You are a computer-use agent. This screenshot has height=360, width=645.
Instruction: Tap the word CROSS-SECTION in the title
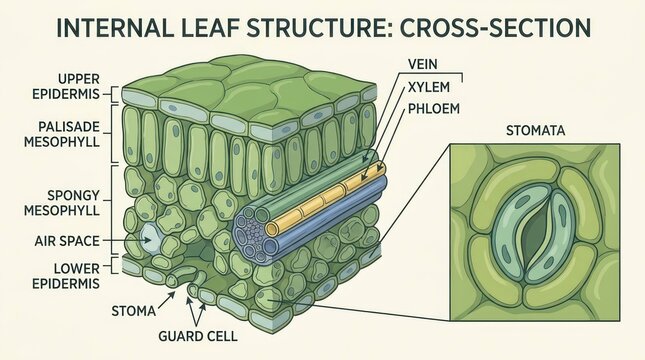(x=495, y=27)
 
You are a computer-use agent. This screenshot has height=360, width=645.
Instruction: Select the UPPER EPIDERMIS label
(x=66, y=86)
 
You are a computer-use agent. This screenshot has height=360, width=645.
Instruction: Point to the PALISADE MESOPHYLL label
(x=62, y=134)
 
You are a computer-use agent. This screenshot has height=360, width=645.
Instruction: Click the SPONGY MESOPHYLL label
(x=62, y=203)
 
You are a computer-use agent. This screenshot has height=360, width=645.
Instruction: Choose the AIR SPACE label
(x=67, y=241)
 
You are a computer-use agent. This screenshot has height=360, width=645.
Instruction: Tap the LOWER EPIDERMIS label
(x=66, y=276)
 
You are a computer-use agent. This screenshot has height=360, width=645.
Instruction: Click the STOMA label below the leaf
(x=134, y=311)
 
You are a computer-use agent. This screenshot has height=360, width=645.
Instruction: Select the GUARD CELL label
(x=198, y=337)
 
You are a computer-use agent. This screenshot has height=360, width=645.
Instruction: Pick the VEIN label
(x=422, y=64)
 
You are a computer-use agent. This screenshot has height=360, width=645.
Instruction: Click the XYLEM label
(x=429, y=87)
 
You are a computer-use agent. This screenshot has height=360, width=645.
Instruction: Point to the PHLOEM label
(x=434, y=109)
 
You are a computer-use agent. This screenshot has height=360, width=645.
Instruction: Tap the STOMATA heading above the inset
(x=535, y=131)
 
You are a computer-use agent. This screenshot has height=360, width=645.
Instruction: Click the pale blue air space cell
(x=151, y=239)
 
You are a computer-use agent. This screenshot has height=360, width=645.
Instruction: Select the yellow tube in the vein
(x=325, y=200)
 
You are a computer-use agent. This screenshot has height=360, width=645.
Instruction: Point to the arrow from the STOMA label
(x=167, y=300)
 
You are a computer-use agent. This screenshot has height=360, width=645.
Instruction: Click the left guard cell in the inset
(x=508, y=230)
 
